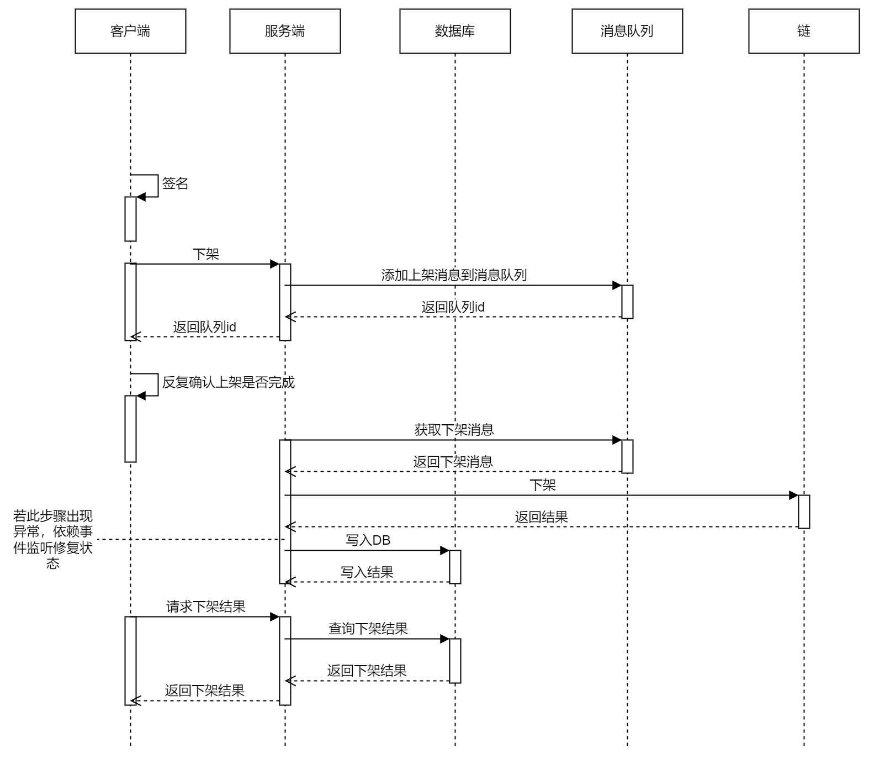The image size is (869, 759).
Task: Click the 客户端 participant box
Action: click(x=130, y=31)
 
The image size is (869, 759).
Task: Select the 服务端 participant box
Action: click(x=285, y=31)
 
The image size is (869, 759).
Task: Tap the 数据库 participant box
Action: click(x=455, y=31)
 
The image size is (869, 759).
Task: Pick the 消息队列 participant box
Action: click(x=627, y=31)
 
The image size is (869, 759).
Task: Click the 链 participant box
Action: click(x=804, y=31)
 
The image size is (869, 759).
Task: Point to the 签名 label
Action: click(x=175, y=183)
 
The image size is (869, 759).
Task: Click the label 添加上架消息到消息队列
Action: click(x=454, y=275)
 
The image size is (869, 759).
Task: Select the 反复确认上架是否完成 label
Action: click(x=228, y=382)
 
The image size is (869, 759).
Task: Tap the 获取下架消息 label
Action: click(x=454, y=430)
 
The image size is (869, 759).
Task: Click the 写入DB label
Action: click(x=368, y=540)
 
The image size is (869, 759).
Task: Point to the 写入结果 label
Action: click(x=367, y=572)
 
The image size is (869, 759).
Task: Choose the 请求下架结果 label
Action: click(x=206, y=607)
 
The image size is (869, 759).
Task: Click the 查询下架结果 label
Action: click(x=368, y=629)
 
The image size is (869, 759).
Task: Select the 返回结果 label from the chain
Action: click(x=541, y=517)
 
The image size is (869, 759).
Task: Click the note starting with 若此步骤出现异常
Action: click(x=52, y=539)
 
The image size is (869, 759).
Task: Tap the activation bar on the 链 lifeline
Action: click(x=804, y=512)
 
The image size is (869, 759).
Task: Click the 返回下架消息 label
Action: click(x=453, y=462)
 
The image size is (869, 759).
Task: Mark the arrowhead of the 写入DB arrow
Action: click(x=444, y=550)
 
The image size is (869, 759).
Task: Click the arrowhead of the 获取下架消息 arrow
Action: click(x=617, y=440)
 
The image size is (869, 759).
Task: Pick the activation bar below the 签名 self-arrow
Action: click(x=130, y=219)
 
